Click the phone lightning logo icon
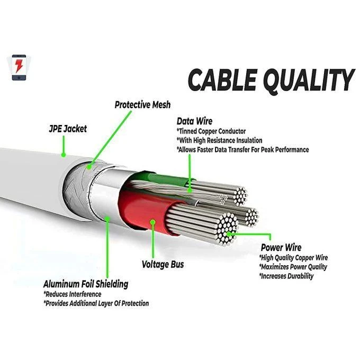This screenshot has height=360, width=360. point(19,67)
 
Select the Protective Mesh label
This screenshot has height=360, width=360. point(142,105)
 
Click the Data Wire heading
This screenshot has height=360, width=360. point(195,121)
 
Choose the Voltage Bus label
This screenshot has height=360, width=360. point(163,264)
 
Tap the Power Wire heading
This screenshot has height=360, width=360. point(281,247)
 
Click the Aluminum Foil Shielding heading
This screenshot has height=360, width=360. point(85,284)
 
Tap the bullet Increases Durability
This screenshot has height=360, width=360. point(286,276)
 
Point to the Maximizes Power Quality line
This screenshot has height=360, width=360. point(293,267)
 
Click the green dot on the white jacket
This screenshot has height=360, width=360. point(63,156)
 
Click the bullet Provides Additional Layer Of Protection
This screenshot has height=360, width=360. point(96,303)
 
